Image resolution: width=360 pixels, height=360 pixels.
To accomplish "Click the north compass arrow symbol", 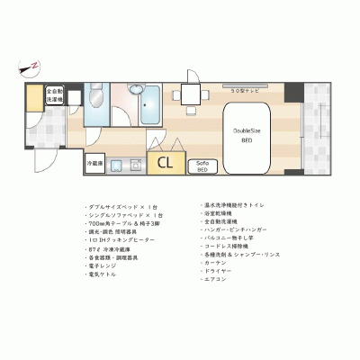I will [x=30, y=65].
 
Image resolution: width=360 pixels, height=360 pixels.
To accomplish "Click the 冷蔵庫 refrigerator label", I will [x=94, y=164].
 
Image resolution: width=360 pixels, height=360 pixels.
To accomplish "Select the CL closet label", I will [x=166, y=163].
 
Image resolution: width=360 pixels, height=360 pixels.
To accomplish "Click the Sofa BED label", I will [x=202, y=166].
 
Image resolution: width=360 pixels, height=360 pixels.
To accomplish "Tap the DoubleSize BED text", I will [x=248, y=135].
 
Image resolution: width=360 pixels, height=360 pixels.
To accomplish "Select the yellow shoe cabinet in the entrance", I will [x=33, y=96].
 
